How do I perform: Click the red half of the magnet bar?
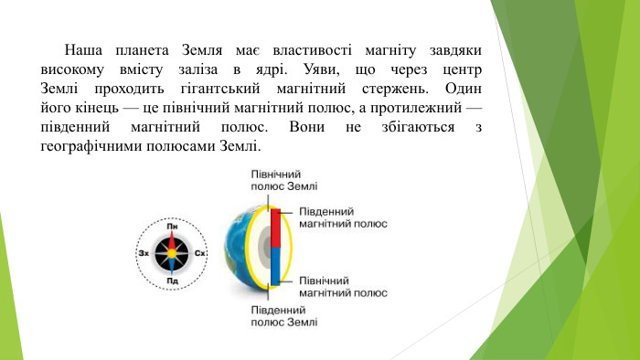(x=275, y=229)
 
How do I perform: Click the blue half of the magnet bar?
(x=275, y=267)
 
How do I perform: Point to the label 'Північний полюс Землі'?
(x=283, y=178)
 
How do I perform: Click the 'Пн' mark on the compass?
(x=172, y=226)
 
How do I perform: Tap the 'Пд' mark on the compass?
(x=172, y=281)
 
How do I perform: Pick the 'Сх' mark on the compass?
(x=201, y=253)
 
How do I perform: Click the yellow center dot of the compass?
(x=172, y=253)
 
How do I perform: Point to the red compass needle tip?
(x=172, y=238)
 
